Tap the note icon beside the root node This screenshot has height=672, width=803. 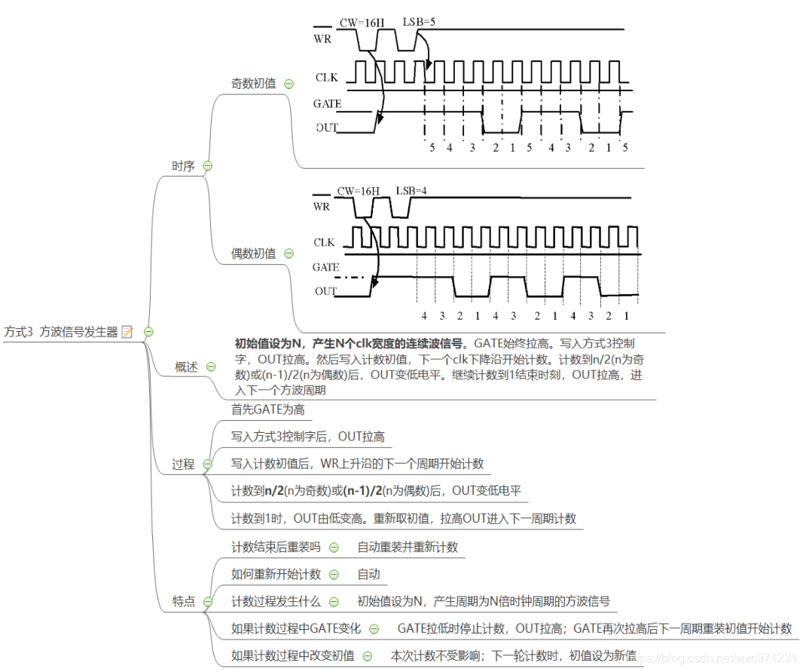(127, 332)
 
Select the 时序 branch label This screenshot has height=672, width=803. (183, 166)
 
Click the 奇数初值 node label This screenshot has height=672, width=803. (253, 84)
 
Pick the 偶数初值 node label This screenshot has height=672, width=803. (253, 253)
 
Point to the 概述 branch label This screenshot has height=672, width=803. (186, 367)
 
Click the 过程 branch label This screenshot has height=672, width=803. (183, 465)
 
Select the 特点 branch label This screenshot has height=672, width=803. (183, 601)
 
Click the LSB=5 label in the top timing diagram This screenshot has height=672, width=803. (419, 22)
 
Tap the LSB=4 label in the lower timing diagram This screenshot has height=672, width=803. (411, 190)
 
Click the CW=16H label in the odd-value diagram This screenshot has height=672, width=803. (362, 23)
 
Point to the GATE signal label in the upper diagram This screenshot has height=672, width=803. (327, 104)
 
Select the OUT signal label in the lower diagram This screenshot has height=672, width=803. (325, 291)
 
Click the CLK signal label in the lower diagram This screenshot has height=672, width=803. (325, 243)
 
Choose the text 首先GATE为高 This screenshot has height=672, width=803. (267, 410)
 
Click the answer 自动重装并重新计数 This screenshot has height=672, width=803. (408, 547)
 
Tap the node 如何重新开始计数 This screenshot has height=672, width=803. (276, 574)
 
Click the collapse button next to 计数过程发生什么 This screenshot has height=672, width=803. (334, 602)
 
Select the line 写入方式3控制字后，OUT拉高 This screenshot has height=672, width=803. (307, 437)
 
